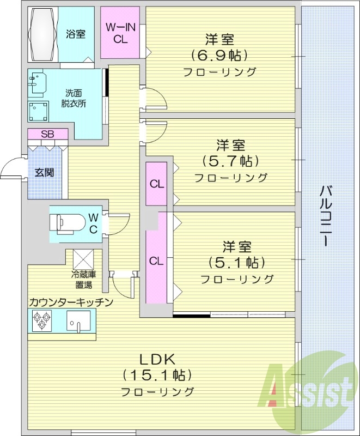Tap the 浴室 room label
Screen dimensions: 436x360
click(76, 34)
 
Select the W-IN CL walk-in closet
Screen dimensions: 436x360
click(120, 33)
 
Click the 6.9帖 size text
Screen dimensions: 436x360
click(219, 55)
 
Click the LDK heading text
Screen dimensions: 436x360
click(157, 359)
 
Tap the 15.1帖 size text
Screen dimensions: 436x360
click(157, 375)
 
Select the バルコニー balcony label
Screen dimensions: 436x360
click(327, 215)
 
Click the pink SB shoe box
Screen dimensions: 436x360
click(47, 134)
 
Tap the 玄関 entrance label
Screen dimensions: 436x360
click(44, 173)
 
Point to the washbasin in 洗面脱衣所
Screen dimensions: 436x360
click(37, 83)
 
